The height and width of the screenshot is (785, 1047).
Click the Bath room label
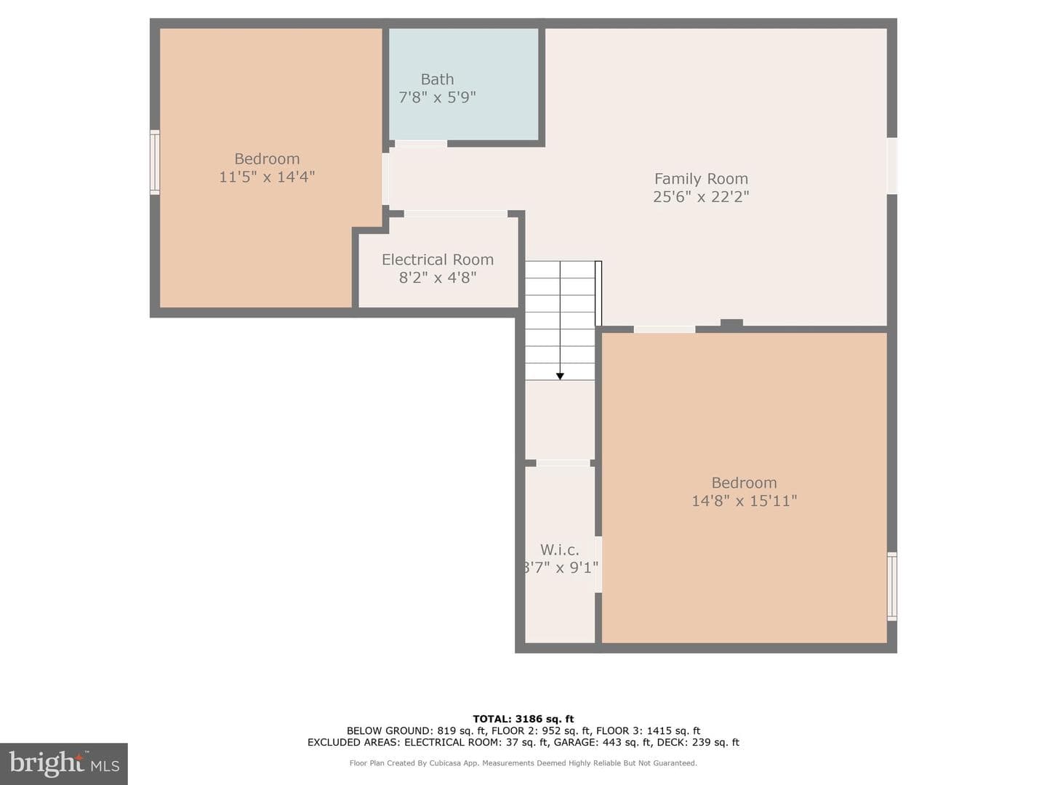(x=437, y=79)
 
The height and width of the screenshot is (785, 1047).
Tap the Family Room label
(x=701, y=179)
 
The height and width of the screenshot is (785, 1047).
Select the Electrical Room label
(x=438, y=259)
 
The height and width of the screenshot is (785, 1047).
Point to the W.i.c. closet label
(x=560, y=550)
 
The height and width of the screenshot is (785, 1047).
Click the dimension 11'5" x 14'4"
(x=267, y=177)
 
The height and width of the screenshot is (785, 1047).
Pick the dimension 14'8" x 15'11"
(x=744, y=501)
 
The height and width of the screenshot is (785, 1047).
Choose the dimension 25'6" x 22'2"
(x=701, y=197)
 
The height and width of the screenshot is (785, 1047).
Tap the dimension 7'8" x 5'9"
(x=437, y=97)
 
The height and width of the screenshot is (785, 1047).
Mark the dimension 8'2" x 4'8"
(x=438, y=278)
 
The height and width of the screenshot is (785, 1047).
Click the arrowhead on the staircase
(x=560, y=376)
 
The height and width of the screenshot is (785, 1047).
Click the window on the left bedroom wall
(x=155, y=162)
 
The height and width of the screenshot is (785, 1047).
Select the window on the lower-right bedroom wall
(x=891, y=587)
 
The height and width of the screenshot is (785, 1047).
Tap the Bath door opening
(x=421, y=143)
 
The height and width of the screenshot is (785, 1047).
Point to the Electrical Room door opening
(x=456, y=214)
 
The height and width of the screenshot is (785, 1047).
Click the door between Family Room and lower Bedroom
(x=664, y=329)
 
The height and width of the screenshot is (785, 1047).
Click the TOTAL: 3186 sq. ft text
(x=523, y=719)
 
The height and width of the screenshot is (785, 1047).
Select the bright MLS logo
(x=64, y=764)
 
